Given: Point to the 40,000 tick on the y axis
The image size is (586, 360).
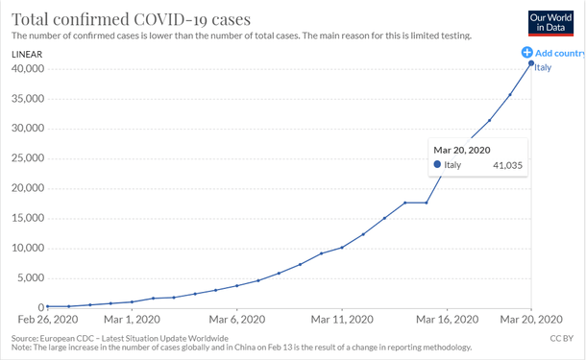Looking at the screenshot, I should click(x=28, y=69).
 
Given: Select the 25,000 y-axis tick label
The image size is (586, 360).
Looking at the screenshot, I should click(x=28, y=158).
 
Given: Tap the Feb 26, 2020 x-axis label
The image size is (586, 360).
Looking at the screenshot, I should click(x=45, y=319).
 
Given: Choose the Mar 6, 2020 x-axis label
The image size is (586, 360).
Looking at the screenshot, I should click(x=236, y=319).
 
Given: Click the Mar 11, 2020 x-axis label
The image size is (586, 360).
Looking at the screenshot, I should click(x=341, y=319).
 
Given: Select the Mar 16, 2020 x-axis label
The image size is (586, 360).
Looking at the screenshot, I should click(x=447, y=319).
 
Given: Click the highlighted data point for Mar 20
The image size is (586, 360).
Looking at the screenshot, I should click(x=531, y=63).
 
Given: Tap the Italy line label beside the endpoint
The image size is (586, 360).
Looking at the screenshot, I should click(x=544, y=67).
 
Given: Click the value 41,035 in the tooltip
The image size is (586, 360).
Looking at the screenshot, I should click(x=506, y=165).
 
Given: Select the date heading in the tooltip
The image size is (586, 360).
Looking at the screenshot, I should click(x=461, y=149).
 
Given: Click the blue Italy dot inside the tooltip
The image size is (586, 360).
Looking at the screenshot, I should click(x=438, y=165).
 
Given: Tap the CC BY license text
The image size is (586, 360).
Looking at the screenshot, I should click(x=562, y=338).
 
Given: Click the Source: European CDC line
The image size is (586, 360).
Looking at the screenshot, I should click(x=120, y=338).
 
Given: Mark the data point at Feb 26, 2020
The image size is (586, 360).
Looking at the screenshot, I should click(x=47, y=306).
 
